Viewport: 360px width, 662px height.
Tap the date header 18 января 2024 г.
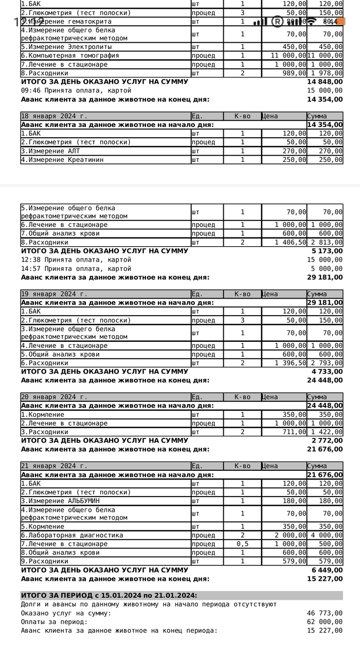pyautogui.click(x=54, y=116)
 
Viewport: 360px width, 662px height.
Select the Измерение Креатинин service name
pyautogui.click(x=64, y=159)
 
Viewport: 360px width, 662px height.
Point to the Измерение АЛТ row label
pyautogui.click(x=53, y=151)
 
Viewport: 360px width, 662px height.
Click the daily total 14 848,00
pyautogui.click(x=325, y=82)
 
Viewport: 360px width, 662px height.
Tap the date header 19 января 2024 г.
pyautogui.click(x=54, y=294)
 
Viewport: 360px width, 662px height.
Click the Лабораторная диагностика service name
pyautogui.click(x=72, y=535)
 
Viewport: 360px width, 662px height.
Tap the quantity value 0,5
pyautogui.click(x=242, y=544)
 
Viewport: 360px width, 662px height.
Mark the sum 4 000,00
pyautogui.click(x=327, y=535)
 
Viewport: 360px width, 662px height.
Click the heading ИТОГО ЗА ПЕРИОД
pyautogui.click(x=109, y=596)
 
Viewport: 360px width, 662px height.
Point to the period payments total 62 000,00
pyautogui.click(x=325, y=621)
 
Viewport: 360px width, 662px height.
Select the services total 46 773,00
pyautogui.click(x=325, y=613)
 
